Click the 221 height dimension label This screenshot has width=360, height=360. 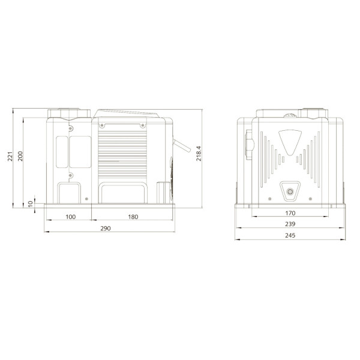click(10, 157)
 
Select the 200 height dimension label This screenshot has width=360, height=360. click(20, 156)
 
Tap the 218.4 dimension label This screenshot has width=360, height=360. click(199, 154)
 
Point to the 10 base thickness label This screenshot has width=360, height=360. click(31, 203)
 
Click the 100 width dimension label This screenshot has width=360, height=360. click(70, 217)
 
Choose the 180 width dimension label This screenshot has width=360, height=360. click(133, 217)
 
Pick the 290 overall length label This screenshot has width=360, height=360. click(106, 229)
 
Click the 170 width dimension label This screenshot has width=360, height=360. click(290, 213)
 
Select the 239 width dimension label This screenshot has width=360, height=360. click(290, 224)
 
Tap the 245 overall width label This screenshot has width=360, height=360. click(290, 235)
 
